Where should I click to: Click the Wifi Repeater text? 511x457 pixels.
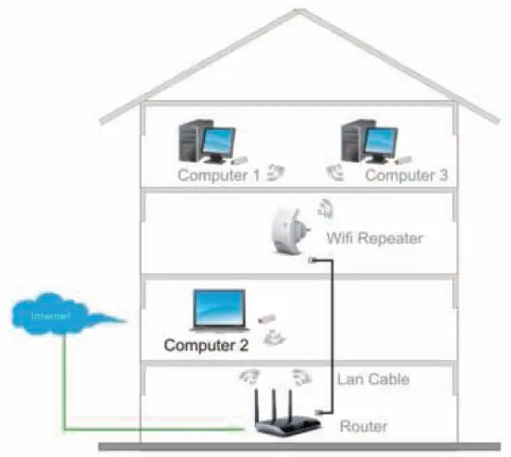pos(373,238)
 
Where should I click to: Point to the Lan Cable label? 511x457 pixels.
pos(373,380)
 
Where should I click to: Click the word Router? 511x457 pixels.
pos(363,428)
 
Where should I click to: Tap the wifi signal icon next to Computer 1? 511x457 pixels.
pos(275,172)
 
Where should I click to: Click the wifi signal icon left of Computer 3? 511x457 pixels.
pos(336,172)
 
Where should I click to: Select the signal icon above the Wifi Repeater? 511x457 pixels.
pos(324,207)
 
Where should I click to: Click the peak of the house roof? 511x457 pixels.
pos(299,12)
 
